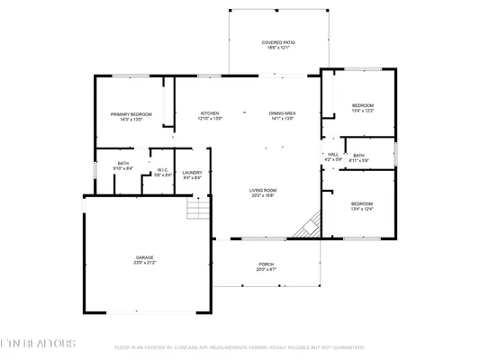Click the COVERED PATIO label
(x=278, y=42)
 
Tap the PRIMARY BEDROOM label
(x=131, y=114)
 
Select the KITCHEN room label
(x=210, y=113)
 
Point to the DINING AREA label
(x=282, y=113)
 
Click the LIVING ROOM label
(x=262, y=190)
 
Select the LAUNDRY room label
(x=191, y=173)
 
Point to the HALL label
(x=332, y=155)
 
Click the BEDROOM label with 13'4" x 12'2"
(x=362, y=106)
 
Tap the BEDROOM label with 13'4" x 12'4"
(x=362, y=203)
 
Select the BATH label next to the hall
(x=358, y=156)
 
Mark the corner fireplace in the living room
(x=310, y=225)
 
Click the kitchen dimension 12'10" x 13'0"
(x=210, y=119)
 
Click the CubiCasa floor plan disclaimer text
(x=239, y=346)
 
